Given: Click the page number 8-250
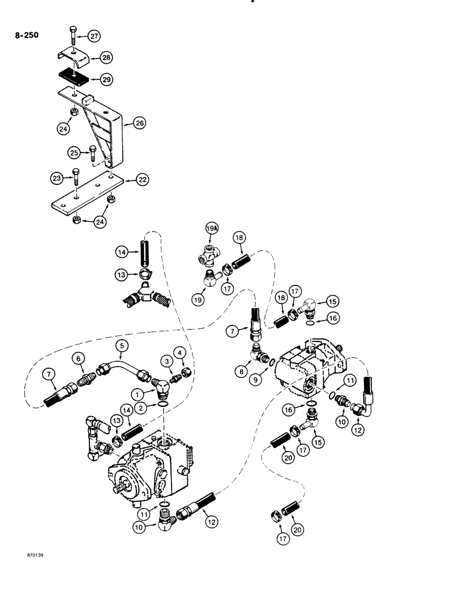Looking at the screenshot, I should click(x=24, y=35).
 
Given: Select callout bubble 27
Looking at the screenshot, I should click(x=93, y=36).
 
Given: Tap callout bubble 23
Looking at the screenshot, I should click(x=57, y=177).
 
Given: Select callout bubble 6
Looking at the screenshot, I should click(x=79, y=357).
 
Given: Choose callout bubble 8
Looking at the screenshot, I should click(x=241, y=370).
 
